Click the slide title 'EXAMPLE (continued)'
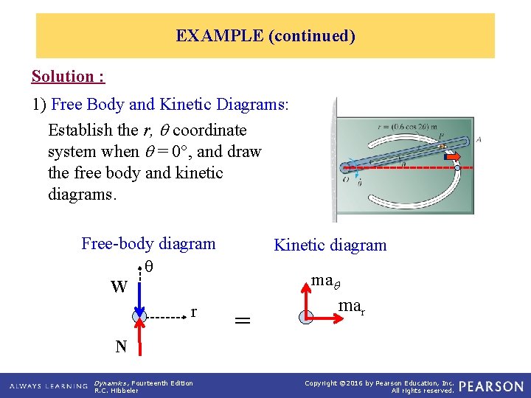[265, 35]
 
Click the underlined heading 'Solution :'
[68, 77]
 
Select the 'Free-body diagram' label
[148, 244]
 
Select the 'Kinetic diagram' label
[330, 245]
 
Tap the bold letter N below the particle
[120, 346]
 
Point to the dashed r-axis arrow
[165, 318]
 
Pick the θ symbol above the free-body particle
[148, 265]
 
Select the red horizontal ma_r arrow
[323, 318]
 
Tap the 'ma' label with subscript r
[350, 306]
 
